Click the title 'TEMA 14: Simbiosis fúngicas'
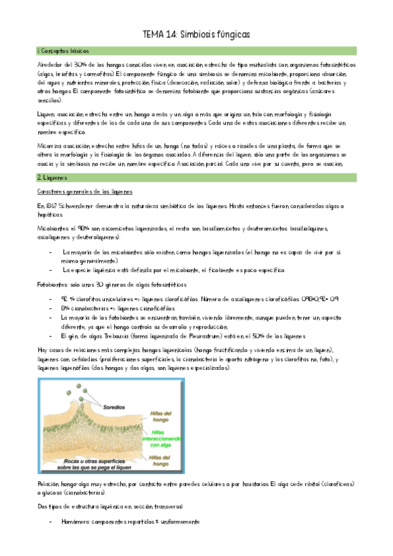click(196, 34)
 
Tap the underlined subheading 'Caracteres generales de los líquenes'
click(85, 191)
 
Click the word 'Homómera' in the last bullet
click(79, 521)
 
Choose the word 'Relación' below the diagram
click(49, 483)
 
